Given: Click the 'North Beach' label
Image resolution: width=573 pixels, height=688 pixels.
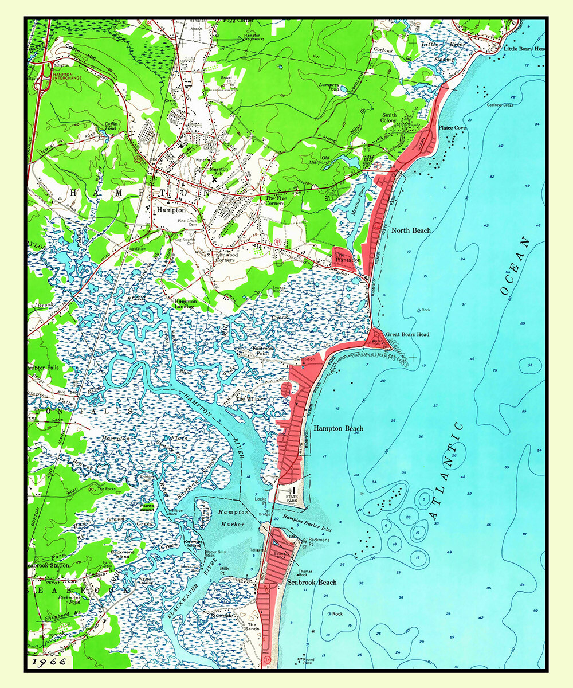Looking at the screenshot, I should (x=411, y=230).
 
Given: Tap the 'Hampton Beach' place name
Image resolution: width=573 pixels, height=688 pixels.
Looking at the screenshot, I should (x=338, y=428).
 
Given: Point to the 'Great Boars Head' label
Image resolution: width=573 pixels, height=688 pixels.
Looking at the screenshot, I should (x=407, y=334).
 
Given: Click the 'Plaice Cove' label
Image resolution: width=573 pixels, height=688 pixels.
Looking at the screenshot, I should (x=452, y=128).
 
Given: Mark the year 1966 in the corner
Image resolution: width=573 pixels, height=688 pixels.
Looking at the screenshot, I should (x=49, y=662).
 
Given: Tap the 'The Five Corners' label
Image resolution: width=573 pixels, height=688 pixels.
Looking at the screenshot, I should (x=275, y=201).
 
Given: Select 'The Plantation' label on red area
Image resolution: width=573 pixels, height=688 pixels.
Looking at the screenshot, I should (x=347, y=257).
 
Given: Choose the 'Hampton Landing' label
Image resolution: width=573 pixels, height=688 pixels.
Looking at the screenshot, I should (x=185, y=304).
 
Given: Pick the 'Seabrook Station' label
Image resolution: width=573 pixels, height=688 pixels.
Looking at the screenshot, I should (x=48, y=565).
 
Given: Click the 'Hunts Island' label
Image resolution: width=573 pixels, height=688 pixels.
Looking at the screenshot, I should (x=147, y=509).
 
